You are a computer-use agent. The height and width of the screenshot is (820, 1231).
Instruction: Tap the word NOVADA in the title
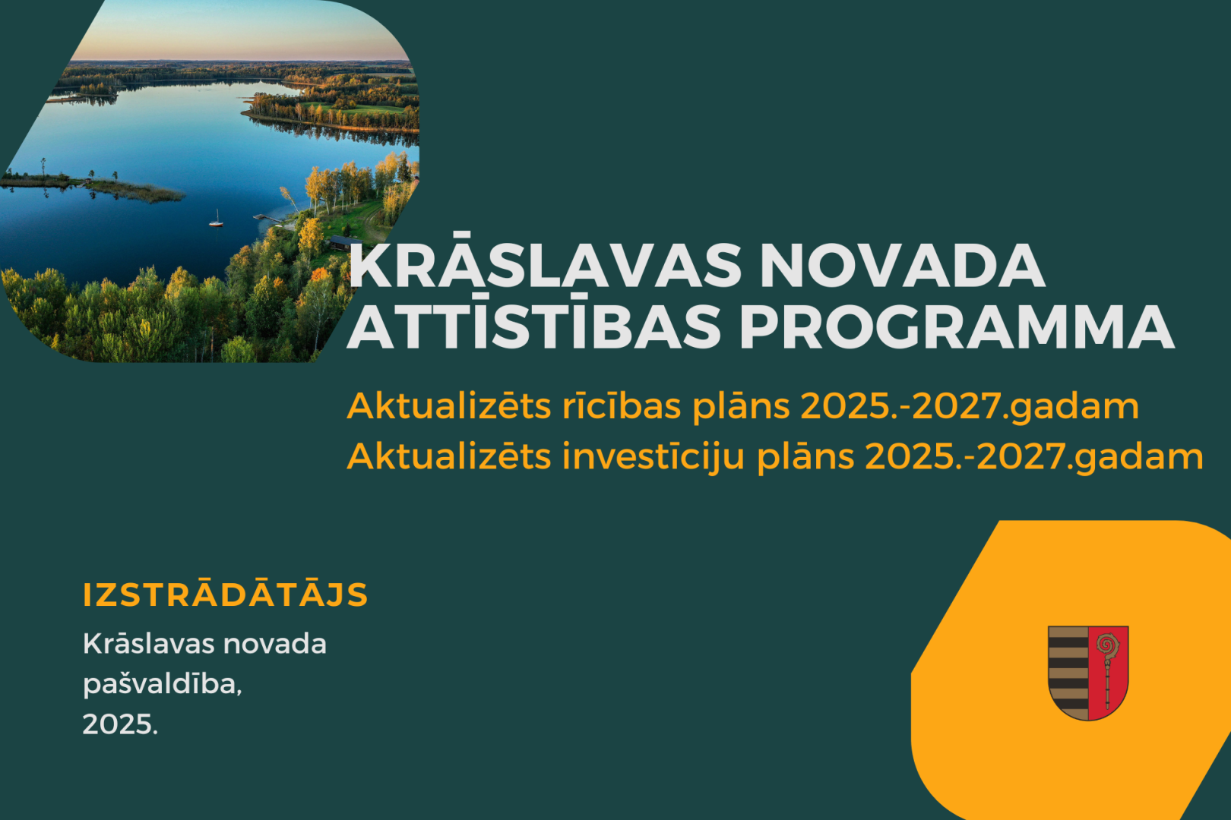(x=902, y=266)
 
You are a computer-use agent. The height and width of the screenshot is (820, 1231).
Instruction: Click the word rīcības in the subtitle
(x=622, y=406)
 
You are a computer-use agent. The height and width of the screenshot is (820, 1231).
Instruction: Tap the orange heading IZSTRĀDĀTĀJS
(x=225, y=594)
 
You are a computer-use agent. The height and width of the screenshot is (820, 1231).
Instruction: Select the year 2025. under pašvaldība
(x=120, y=724)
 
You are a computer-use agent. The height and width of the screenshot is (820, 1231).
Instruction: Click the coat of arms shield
(x=1088, y=672)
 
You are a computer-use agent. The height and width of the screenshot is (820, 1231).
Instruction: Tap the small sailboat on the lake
(x=217, y=219)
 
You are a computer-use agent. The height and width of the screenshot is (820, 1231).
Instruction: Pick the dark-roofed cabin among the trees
(x=344, y=242)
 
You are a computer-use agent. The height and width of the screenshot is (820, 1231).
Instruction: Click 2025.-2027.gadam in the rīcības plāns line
(x=970, y=407)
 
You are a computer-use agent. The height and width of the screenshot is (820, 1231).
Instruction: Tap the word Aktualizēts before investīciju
(x=449, y=456)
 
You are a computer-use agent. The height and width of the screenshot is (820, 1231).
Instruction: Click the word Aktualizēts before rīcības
(x=449, y=406)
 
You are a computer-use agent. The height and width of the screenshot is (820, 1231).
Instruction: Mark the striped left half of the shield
(x=1068, y=672)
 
